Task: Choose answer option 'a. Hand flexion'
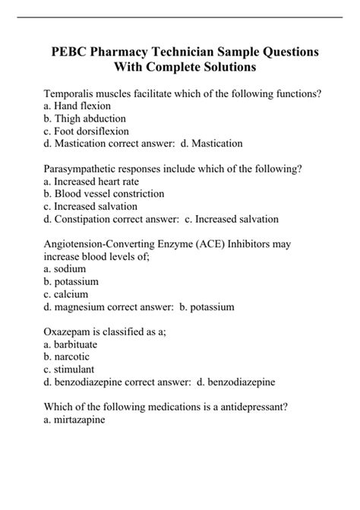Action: tap(78, 106)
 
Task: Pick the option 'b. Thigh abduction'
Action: tap(85, 119)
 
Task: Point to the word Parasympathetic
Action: tap(84, 169)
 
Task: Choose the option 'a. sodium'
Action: tap(65, 270)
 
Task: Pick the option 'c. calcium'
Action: tap(67, 294)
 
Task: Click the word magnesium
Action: tap(82, 307)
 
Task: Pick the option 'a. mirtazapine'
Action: tap(75, 419)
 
